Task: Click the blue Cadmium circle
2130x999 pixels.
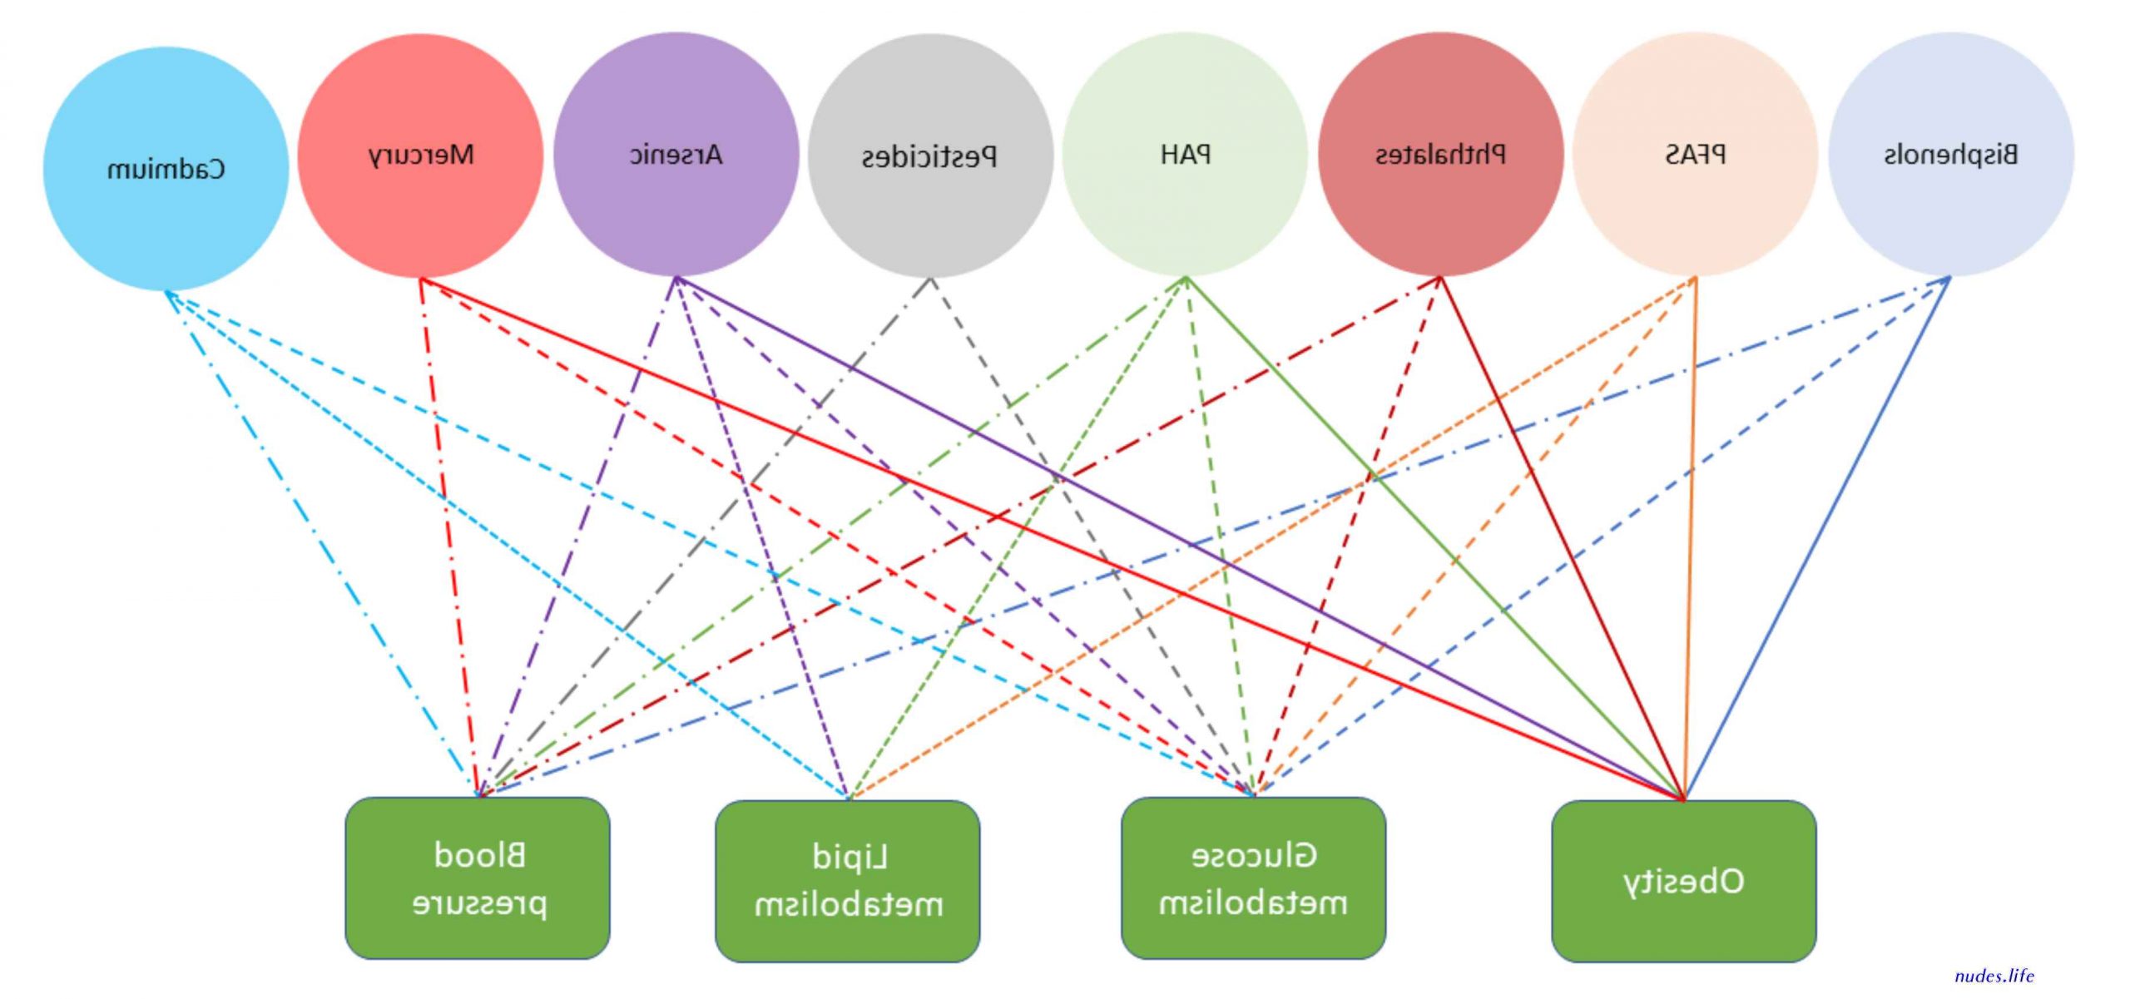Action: tap(166, 169)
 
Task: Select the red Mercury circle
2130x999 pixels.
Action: tap(421, 155)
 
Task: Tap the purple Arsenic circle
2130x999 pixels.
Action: tap(676, 154)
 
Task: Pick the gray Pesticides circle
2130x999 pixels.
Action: tap(931, 156)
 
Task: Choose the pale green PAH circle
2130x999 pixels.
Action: tap(1186, 154)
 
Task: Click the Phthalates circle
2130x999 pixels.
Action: tap(1441, 154)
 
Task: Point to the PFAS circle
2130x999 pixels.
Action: tap(1696, 154)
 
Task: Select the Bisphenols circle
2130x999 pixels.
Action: tap(1951, 154)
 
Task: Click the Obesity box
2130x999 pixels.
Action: tap(1684, 881)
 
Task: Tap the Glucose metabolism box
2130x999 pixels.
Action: tap(1254, 878)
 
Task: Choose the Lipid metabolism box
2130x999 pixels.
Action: tap(848, 881)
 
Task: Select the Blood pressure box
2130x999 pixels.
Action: tap(478, 878)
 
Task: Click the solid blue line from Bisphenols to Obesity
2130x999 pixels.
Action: tap(1817, 538)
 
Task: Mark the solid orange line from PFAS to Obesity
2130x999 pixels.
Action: tap(1690, 538)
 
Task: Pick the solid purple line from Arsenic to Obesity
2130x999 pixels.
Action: tap(1180, 538)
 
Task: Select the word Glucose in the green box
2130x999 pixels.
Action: tap(1254, 855)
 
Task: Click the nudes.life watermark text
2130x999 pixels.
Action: tap(1994, 976)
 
